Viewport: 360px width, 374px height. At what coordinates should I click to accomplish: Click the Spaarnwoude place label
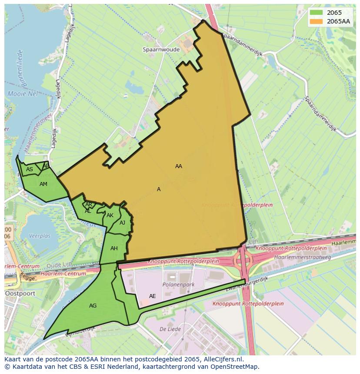[161, 50]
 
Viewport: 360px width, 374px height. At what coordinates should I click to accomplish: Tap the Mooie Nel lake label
[23, 94]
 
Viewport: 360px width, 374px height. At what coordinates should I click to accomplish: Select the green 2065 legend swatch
[317, 13]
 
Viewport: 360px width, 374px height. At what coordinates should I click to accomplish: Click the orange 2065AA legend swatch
[317, 21]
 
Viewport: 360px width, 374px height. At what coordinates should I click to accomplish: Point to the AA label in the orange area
[179, 166]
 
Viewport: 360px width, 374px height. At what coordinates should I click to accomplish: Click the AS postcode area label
[30, 169]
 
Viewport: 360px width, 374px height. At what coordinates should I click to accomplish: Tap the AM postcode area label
[43, 184]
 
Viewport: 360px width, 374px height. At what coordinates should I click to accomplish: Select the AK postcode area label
[110, 215]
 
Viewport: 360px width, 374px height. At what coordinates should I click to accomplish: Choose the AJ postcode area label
[122, 223]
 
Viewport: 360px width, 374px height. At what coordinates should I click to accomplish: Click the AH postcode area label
[114, 248]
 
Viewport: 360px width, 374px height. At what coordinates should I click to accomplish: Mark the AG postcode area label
[93, 306]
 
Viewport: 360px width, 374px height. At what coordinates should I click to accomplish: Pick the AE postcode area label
[152, 296]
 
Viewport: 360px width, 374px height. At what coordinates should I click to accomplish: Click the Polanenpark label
[178, 285]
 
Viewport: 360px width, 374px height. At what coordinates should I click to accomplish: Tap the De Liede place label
[170, 329]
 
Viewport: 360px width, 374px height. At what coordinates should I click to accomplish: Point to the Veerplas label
[40, 236]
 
